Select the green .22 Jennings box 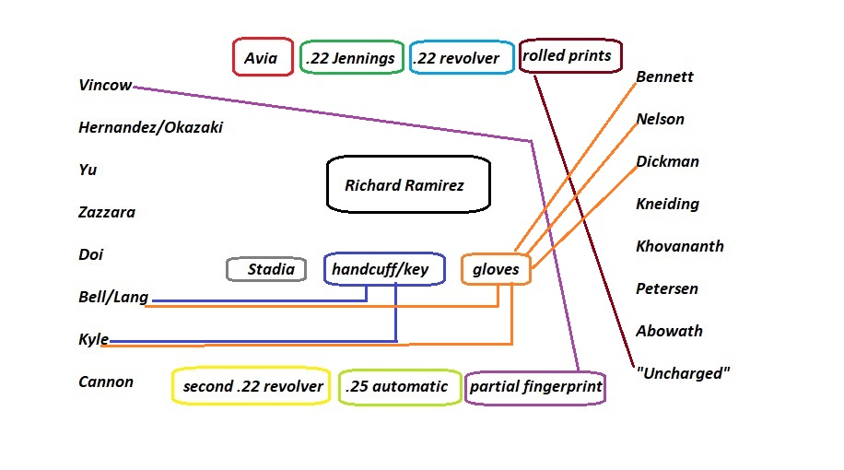[351, 58]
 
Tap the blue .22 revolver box [461, 58]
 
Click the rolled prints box [570, 55]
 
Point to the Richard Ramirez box [408, 185]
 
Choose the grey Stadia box [266, 269]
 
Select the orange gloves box [496, 269]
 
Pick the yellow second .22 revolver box [252, 386]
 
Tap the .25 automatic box [397, 386]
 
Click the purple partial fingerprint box [535, 387]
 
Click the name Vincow [105, 86]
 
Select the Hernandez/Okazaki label [151, 128]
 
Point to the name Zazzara [107, 213]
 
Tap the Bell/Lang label [113, 298]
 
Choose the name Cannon [106, 382]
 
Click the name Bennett [664, 77]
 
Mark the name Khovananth [679, 247]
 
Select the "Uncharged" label [683, 374]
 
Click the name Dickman [667, 162]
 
